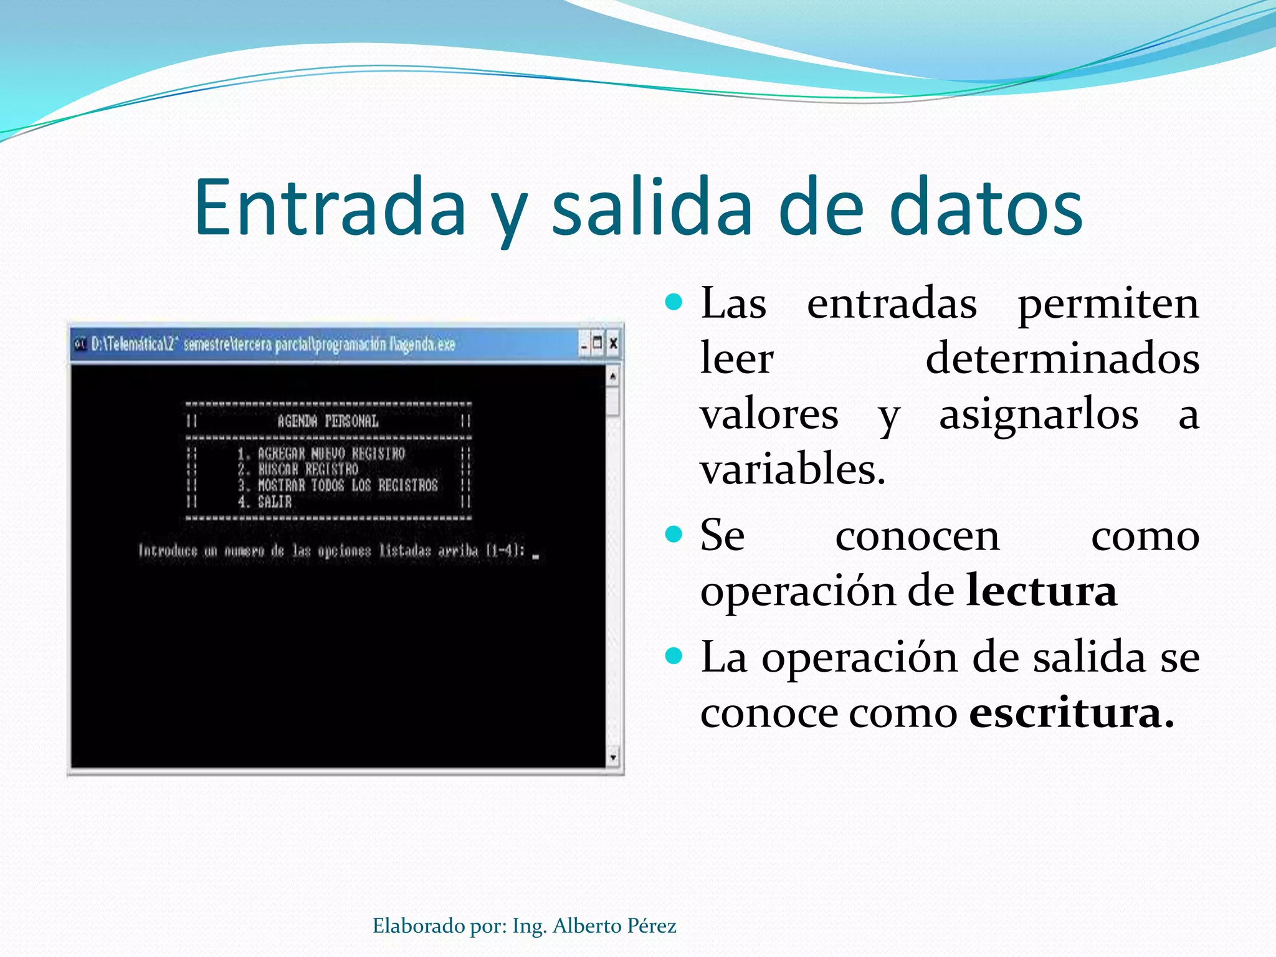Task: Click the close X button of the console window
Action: pos(613,343)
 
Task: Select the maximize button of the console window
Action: pos(598,343)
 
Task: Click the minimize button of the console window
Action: pos(584,343)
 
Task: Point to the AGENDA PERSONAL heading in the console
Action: pos(328,421)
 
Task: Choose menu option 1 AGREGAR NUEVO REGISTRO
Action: pos(321,454)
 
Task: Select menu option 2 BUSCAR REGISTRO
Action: pos(298,469)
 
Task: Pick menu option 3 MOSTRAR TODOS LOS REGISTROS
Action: pos(338,485)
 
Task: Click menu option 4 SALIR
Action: pos(265,502)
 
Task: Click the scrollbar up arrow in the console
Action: pos(613,376)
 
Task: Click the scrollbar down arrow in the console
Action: pos(613,757)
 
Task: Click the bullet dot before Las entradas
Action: pos(674,303)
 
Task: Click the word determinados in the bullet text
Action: pos(1062,359)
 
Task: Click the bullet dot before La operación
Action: pos(674,656)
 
